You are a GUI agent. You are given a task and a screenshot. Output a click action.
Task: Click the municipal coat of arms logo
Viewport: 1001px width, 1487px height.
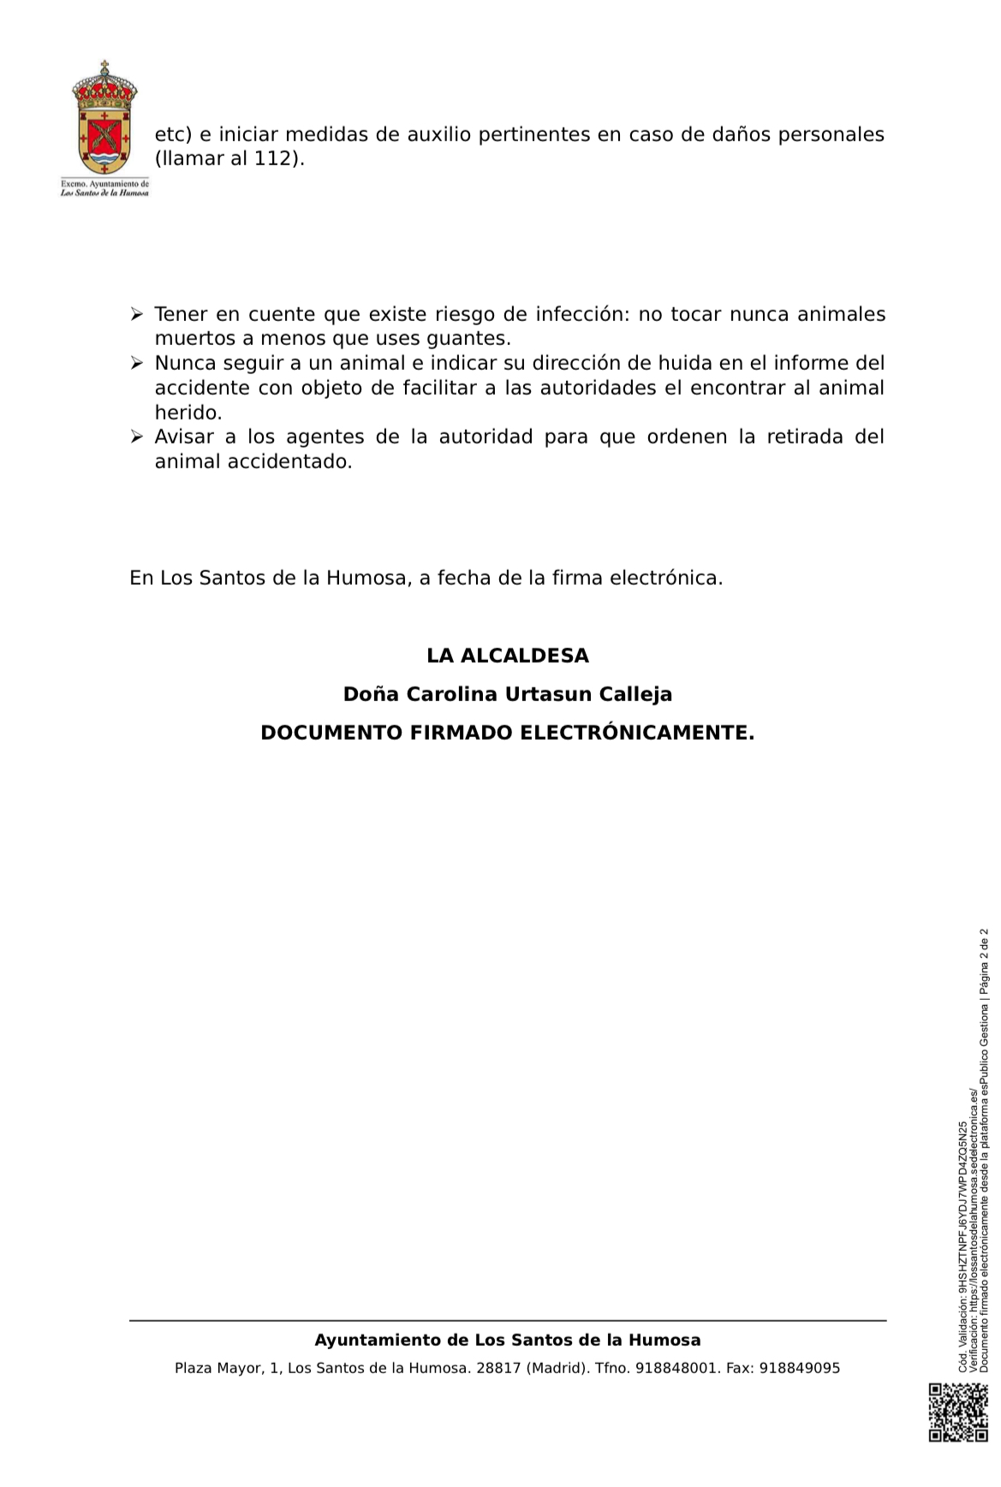[x=104, y=119]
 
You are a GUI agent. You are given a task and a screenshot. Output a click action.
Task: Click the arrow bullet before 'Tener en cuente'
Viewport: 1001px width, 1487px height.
[x=136, y=315]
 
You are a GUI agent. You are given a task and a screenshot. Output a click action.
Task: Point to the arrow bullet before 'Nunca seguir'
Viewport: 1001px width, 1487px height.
[x=136, y=364]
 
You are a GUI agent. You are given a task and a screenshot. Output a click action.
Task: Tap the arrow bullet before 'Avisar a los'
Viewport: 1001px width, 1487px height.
[x=136, y=437]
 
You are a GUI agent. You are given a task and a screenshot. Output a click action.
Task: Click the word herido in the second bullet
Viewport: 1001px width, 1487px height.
[x=187, y=413]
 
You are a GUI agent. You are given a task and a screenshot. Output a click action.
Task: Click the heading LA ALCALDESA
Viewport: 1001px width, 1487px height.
[x=508, y=656]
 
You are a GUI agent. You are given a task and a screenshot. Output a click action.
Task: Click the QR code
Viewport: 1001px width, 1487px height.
[x=958, y=1413]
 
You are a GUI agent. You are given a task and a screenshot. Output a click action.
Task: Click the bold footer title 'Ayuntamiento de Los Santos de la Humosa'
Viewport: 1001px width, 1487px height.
[x=508, y=1341]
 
